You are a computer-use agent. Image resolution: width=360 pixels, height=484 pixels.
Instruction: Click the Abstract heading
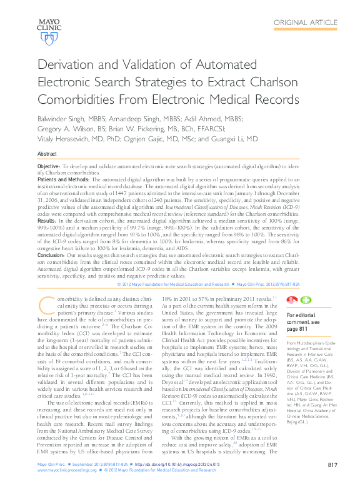tap(47, 154)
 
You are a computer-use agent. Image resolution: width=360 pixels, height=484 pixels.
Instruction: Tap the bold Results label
tap(47, 221)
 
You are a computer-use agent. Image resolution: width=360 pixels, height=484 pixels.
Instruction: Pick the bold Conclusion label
tap(51, 255)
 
